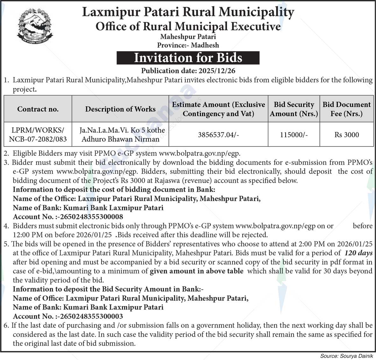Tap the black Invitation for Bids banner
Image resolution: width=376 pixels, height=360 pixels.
click(x=188, y=58)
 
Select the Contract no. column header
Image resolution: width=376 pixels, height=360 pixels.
click(x=38, y=109)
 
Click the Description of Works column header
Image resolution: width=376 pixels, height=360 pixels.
click(x=120, y=109)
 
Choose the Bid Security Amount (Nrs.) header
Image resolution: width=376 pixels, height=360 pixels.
click(x=294, y=109)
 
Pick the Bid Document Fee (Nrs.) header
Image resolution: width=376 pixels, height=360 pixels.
click(x=346, y=109)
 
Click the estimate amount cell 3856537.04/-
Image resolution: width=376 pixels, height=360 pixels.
click(x=218, y=135)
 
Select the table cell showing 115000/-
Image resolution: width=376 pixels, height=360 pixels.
click(x=294, y=135)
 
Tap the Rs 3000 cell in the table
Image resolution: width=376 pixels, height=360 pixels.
click(x=346, y=135)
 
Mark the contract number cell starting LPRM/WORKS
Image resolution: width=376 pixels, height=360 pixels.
click(x=38, y=135)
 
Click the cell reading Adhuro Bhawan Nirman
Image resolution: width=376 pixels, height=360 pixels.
click(x=120, y=139)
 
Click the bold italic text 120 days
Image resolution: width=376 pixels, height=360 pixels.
click(x=358, y=253)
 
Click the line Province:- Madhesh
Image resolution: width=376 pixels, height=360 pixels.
click(x=188, y=45)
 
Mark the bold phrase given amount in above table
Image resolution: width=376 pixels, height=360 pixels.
click(x=196, y=271)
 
